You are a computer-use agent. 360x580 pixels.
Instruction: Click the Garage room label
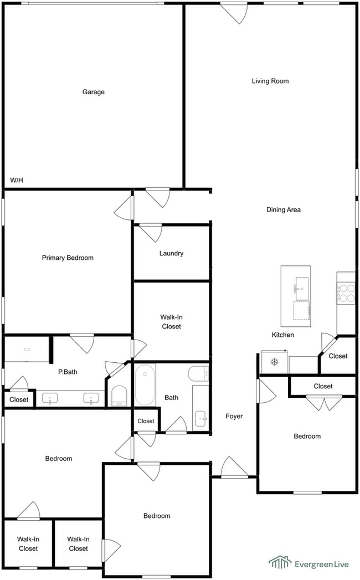pos(93,92)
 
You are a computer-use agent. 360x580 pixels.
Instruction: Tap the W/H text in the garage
pos(16,180)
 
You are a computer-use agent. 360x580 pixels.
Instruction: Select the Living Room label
pos(270,81)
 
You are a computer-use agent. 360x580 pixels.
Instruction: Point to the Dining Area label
pos(284,210)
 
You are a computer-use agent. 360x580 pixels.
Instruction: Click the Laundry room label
pos(171,253)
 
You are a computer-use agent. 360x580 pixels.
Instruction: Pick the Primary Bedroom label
pos(68,258)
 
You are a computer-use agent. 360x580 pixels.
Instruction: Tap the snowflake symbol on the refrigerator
pos(274,361)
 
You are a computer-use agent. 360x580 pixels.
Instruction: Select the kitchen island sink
pos(301,289)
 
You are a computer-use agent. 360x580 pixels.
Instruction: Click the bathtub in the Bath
pos(145,384)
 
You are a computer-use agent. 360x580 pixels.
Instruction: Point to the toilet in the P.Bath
pos(119,396)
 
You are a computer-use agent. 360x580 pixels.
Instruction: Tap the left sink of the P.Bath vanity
pos(50,399)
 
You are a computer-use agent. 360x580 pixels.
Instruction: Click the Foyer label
pos(234,417)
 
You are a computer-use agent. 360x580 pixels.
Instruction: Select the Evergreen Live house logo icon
pos(280,562)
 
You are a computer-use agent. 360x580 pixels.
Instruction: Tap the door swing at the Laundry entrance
pos(151,232)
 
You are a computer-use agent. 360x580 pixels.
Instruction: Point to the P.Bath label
pos(68,372)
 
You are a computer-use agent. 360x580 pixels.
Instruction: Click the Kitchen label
pos(282,335)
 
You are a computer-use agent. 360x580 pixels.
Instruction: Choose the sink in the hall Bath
pos(201,418)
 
